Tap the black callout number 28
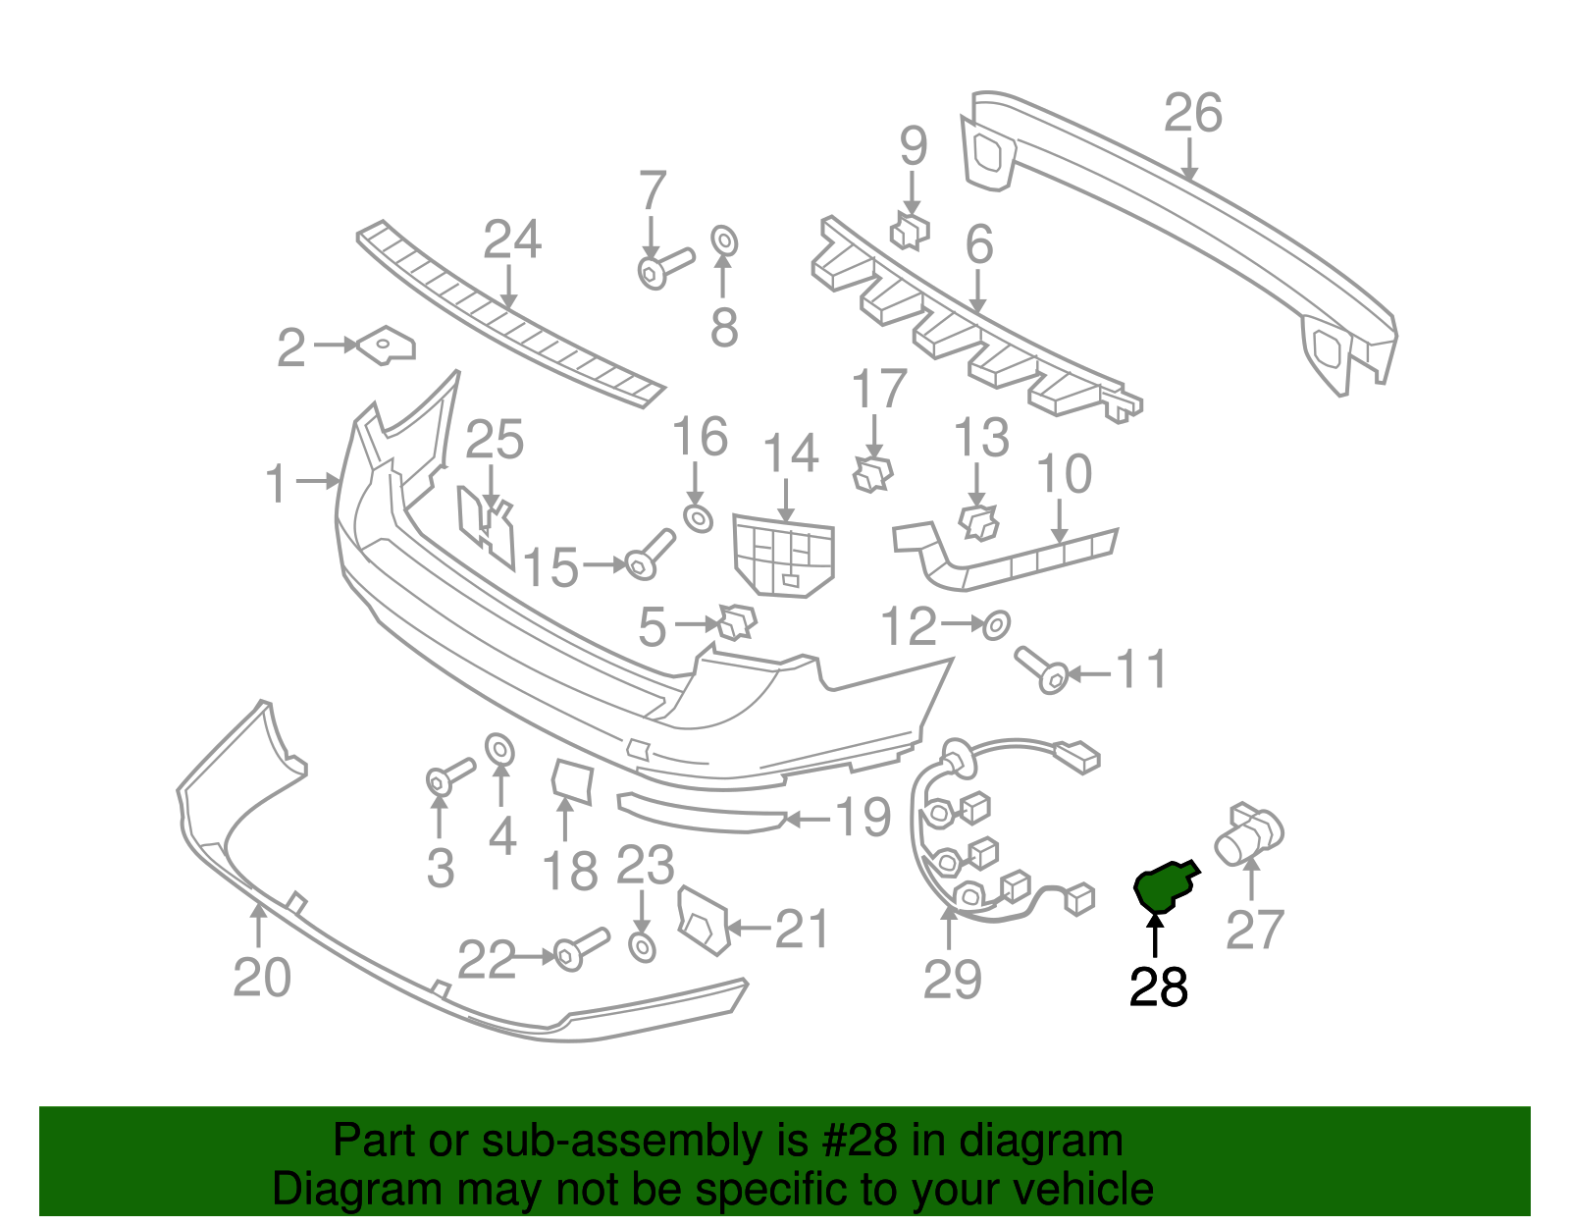tap(1158, 986)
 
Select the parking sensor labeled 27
tap(1248, 835)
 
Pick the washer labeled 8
tap(724, 240)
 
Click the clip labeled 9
tap(910, 232)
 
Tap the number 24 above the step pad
tap(512, 240)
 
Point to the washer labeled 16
tap(698, 517)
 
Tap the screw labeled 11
tap(1039, 668)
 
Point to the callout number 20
tap(262, 977)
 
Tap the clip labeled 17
tap(872, 474)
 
